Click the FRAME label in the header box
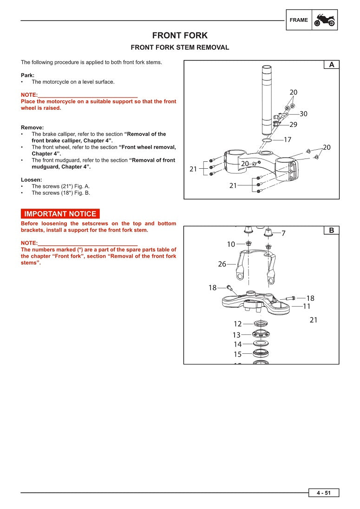tap(298, 20)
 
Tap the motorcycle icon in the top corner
tap(325, 20)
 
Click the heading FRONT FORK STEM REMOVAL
tap(180, 47)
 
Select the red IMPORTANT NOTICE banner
tap(60, 214)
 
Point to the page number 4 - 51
tap(324, 493)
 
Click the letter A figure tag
tap(331, 65)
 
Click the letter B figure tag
tap(331, 231)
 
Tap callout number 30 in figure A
tap(303, 114)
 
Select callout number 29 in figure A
tap(293, 125)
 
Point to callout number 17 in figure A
tap(288, 139)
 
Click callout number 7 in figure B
tap(283, 233)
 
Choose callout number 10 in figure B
tap(231, 244)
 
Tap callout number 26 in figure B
tap(222, 264)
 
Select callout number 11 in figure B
tap(307, 306)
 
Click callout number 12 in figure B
tap(237, 324)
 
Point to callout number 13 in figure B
tap(236, 335)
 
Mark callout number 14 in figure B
tap(237, 344)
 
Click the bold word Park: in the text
tap(27, 75)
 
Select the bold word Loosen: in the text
tap(31, 179)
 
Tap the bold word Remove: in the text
tap(32, 127)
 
